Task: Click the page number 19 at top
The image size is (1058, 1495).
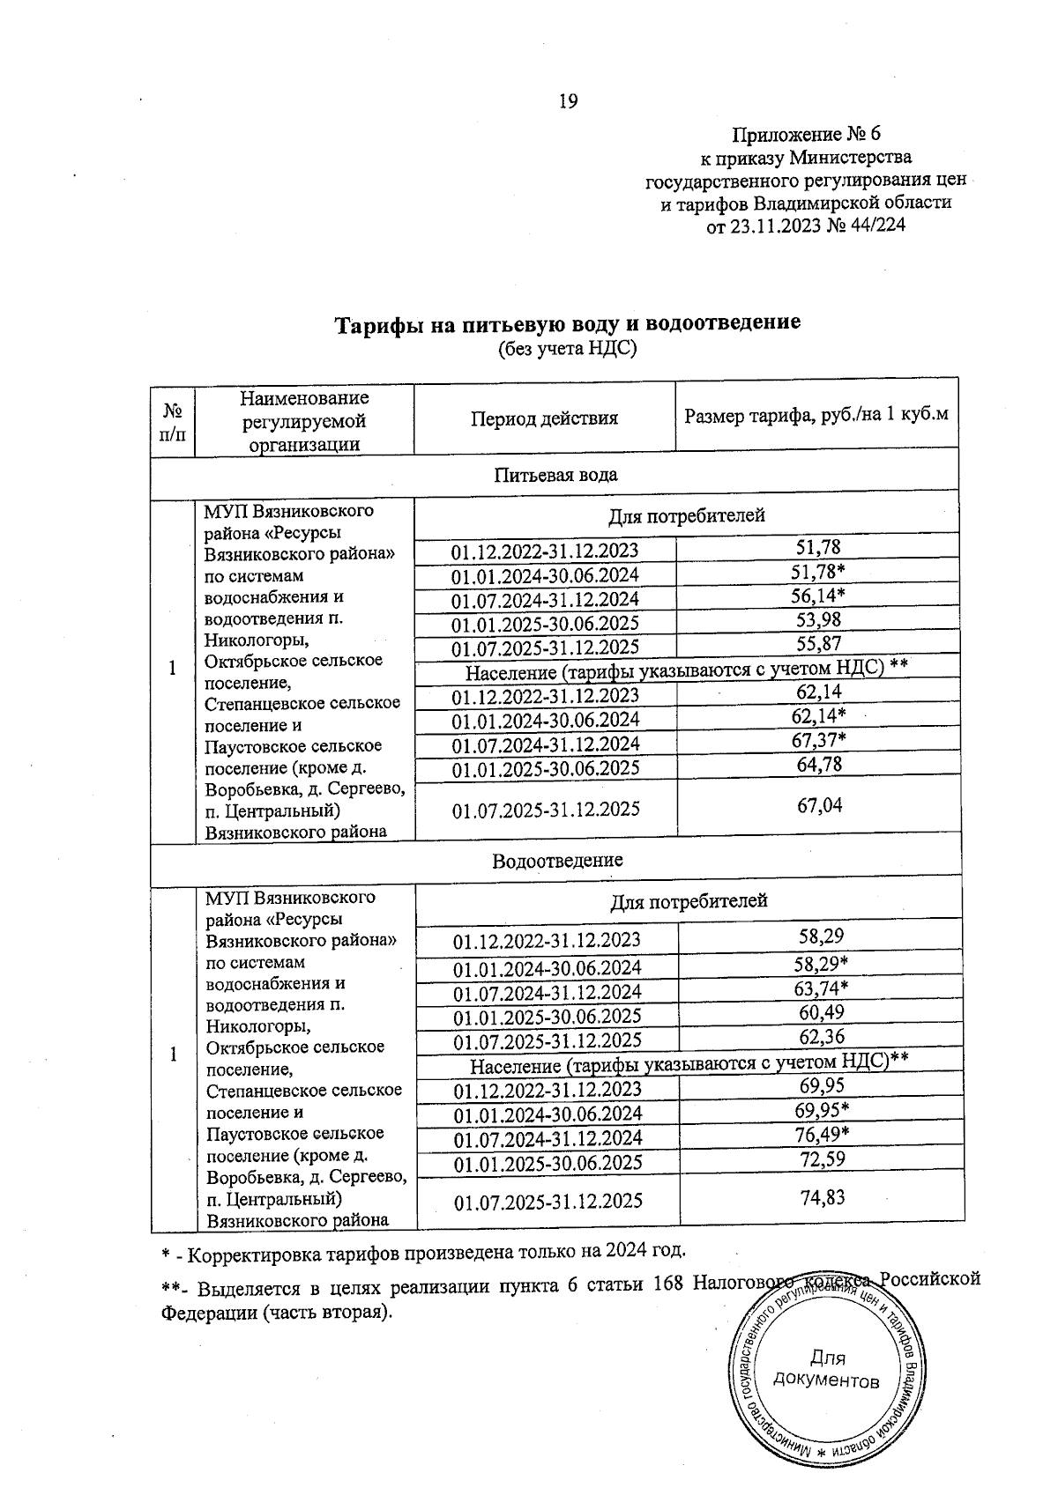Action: tap(568, 102)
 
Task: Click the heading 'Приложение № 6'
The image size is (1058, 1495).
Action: tap(806, 135)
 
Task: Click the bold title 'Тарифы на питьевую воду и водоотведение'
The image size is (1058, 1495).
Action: tap(567, 323)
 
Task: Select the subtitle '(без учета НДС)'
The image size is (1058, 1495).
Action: tap(567, 349)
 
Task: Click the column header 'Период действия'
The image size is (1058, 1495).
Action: tap(544, 418)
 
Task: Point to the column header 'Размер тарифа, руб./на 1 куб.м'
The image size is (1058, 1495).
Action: tap(816, 414)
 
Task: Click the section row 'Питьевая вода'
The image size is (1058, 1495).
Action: tap(555, 474)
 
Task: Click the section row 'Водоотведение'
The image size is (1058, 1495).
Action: tap(557, 859)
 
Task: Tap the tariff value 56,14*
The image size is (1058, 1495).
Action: tap(819, 596)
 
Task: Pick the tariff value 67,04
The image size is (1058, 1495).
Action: tap(819, 804)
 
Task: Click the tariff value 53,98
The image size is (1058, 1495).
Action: tap(819, 620)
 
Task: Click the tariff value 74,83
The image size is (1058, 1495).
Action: tap(821, 1196)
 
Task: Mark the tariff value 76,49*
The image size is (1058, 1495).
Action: tap(821, 1133)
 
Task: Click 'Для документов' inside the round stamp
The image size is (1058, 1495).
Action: tap(825, 1369)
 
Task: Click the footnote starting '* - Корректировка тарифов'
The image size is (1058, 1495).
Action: tap(423, 1252)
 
